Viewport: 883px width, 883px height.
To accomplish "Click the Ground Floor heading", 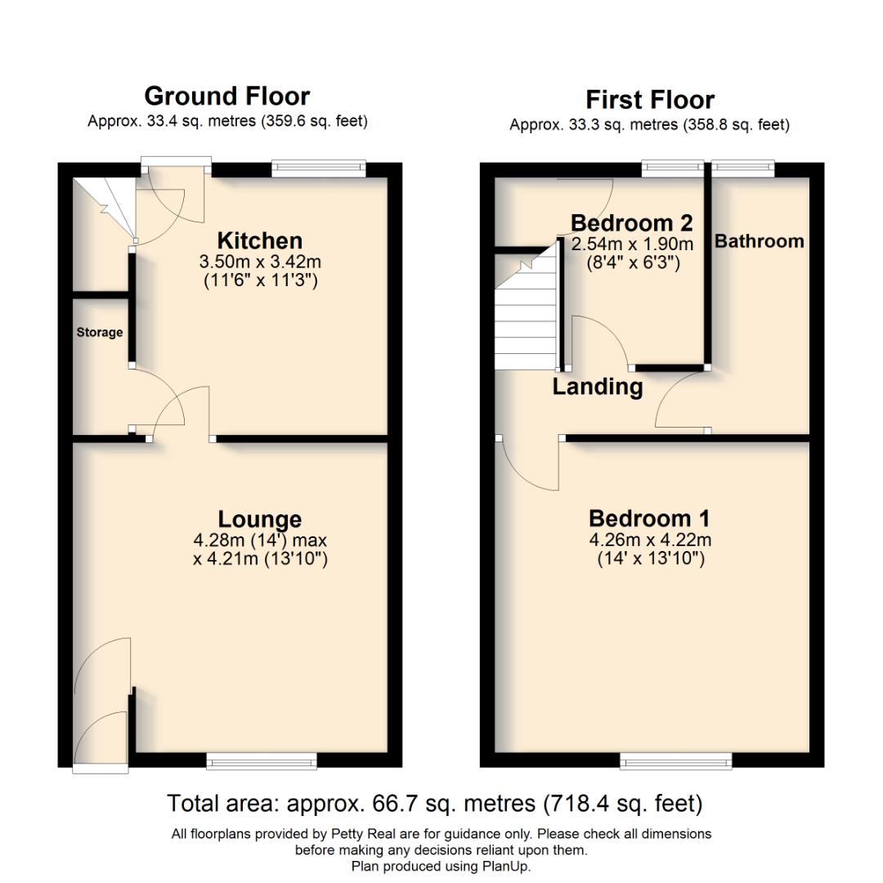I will pos(226,96).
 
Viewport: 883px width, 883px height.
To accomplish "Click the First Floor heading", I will pos(649,100).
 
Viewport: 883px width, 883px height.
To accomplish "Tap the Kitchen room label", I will pos(259,240).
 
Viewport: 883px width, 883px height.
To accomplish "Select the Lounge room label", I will pos(259,519).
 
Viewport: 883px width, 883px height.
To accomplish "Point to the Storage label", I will pos(100,333).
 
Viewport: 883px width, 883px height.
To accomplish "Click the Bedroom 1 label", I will pos(649,518).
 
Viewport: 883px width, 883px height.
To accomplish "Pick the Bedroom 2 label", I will pos(631,222).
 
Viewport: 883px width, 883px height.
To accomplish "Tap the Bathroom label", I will pos(759,241).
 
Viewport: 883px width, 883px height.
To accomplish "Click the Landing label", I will pos(597,387).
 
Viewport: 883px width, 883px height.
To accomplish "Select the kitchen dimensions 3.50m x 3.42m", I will pos(259,262).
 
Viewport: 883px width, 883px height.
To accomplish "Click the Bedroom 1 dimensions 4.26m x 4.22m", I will pos(649,540).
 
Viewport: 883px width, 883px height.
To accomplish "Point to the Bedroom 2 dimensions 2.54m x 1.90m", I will pos(632,244).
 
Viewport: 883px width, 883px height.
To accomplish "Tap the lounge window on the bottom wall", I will pos(262,762).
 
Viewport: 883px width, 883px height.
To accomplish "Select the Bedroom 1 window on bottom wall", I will pos(676,762).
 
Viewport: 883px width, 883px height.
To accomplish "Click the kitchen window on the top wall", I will pos(318,168).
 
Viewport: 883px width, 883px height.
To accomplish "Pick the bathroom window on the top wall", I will pos(742,168).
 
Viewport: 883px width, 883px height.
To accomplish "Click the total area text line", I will pos(434,804).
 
